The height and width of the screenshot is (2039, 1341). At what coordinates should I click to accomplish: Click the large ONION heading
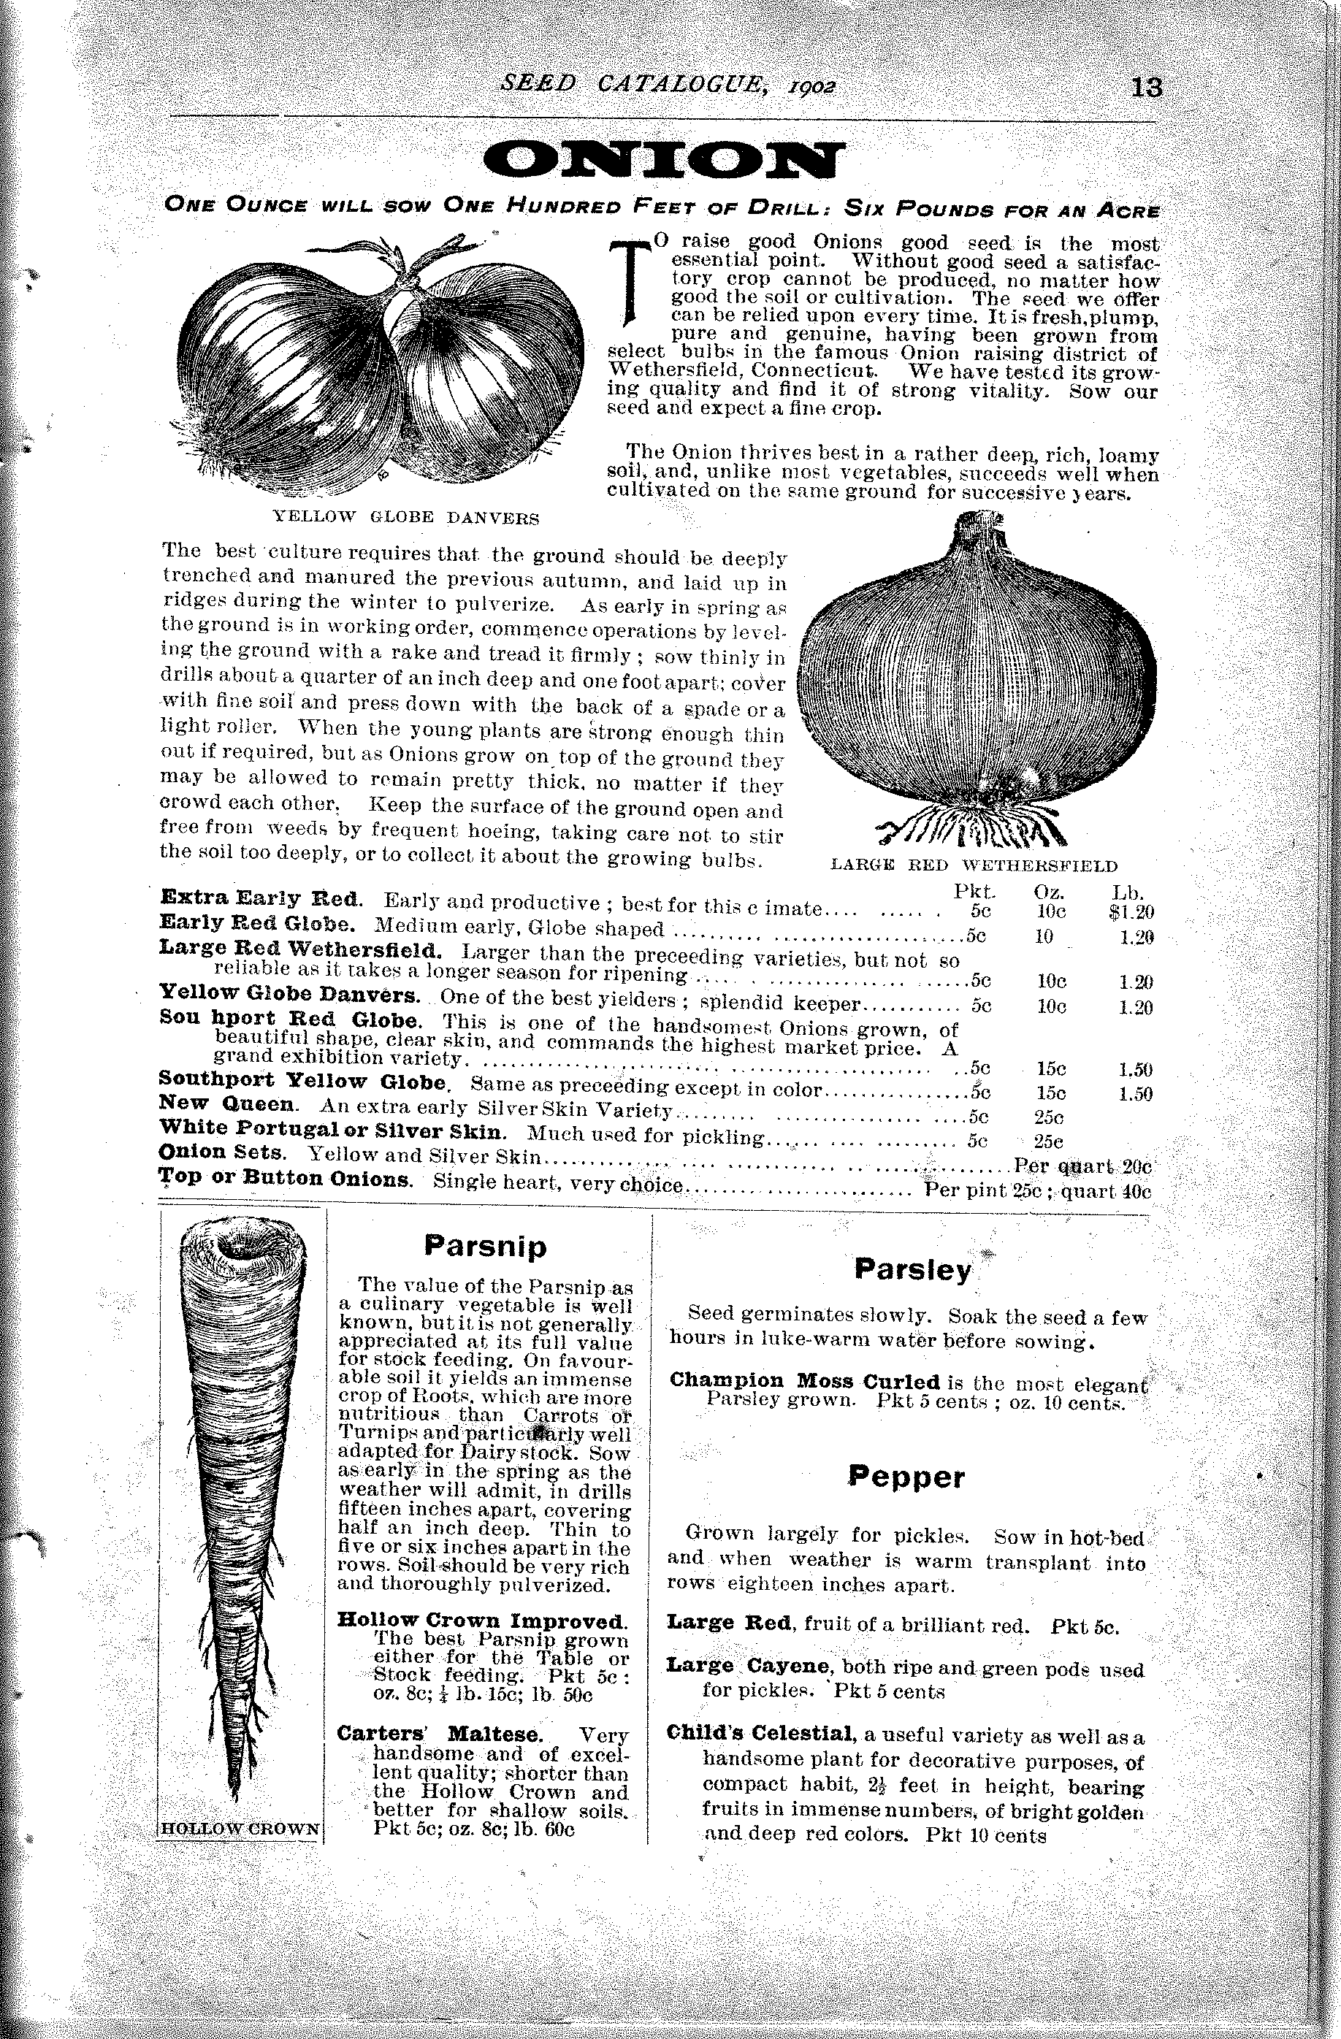663,160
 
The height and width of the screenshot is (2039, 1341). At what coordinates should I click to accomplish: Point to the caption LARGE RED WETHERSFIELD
975,865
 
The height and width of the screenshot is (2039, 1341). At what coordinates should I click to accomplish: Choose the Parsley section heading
912,1270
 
